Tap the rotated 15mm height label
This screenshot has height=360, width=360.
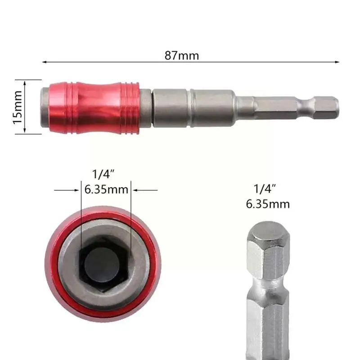pyautogui.click(x=17, y=107)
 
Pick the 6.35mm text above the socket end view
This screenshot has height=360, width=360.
pyautogui.click(x=106, y=189)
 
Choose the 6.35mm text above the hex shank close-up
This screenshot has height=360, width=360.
pyautogui.click(x=267, y=204)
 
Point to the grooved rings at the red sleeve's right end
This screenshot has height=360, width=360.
pyautogui.click(x=130, y=107)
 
